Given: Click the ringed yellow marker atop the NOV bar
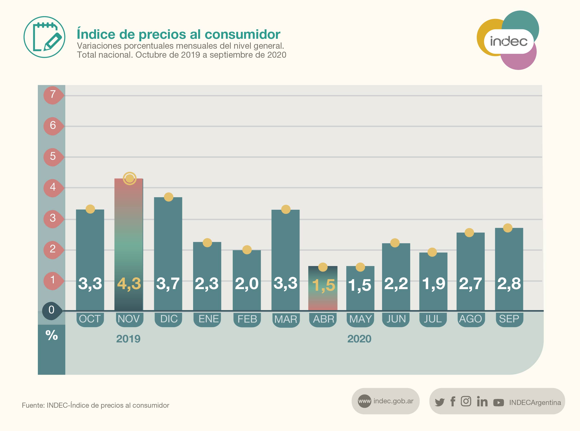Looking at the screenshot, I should [x=130, y=178].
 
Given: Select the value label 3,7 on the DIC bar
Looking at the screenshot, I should [x=168, y=283].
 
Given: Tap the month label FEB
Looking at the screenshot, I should [x=247, y=319].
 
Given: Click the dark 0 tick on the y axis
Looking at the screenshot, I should [x=52, y=310].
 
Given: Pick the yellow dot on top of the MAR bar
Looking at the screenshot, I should [x=286, y=209].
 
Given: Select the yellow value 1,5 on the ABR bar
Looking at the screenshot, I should [x=323, y=285].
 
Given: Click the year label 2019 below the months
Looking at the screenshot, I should [x=128, y=339].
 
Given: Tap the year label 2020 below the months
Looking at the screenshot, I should [x=359, y=339].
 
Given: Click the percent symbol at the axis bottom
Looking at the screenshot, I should [x=52, y=335].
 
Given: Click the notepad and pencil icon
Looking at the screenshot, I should [x=45, y=37].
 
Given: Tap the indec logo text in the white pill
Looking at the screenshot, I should [x=508, y=41].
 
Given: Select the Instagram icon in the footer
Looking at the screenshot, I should [x=466, y=401].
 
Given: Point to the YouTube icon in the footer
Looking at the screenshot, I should [x=498, y=403].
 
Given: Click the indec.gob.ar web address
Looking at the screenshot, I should [x=393, y=401].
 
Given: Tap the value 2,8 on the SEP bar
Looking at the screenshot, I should [x=509, y=283].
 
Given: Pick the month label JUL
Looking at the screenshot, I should [x=433, y=319].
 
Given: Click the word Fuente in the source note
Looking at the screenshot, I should [x=33, y=405].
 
